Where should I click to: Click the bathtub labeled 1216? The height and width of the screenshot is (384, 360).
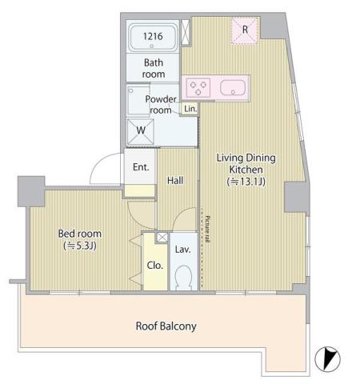coord(154,38)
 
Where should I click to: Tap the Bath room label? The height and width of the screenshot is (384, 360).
coord(154,68)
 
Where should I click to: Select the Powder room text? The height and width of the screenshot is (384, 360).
coord(160,105)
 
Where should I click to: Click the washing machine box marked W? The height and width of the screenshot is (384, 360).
coord(140,130)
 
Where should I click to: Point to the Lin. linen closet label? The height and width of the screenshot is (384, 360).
coord(190,109)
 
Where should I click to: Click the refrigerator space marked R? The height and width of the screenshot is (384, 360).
coord(245,31)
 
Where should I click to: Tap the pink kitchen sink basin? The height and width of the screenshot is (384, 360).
coord(234,87)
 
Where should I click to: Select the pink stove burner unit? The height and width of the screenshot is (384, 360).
coord(198,86)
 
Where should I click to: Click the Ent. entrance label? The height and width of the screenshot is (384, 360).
coord(141,167)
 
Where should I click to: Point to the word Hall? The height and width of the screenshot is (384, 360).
coord(175,181)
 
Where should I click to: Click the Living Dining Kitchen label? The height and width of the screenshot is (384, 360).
coord(246,164)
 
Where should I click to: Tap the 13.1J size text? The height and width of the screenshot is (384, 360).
coord(246,183)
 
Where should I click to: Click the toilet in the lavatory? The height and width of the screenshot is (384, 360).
coord(182,278)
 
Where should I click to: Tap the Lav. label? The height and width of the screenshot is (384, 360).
coord(182,250)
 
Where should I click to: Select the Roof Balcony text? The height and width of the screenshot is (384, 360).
coord(166,326)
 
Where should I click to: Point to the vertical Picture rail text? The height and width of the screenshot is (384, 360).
coord(206,230)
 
